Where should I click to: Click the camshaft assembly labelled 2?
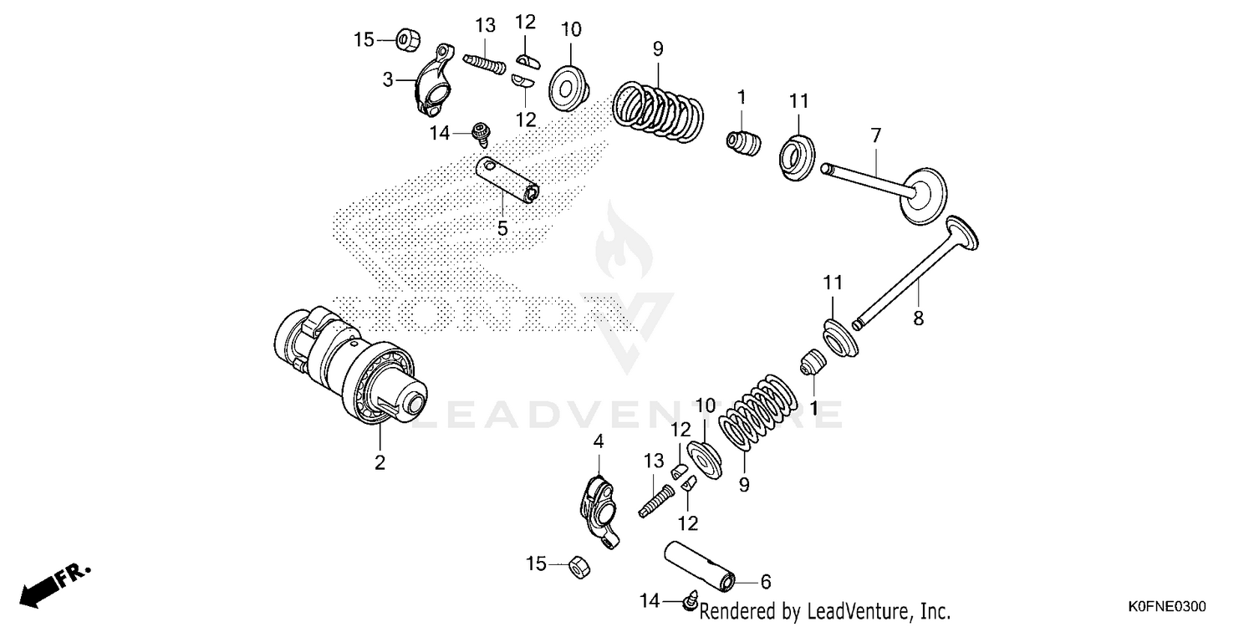point(351,368)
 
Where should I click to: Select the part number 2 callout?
point(380,462)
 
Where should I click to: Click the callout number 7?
point(875,135)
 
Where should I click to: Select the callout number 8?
point(918,318)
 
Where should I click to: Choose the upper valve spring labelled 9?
point(659,106)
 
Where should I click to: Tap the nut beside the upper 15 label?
point(407,38)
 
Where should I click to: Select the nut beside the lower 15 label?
point(575,566)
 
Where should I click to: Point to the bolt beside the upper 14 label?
point(481,131)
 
